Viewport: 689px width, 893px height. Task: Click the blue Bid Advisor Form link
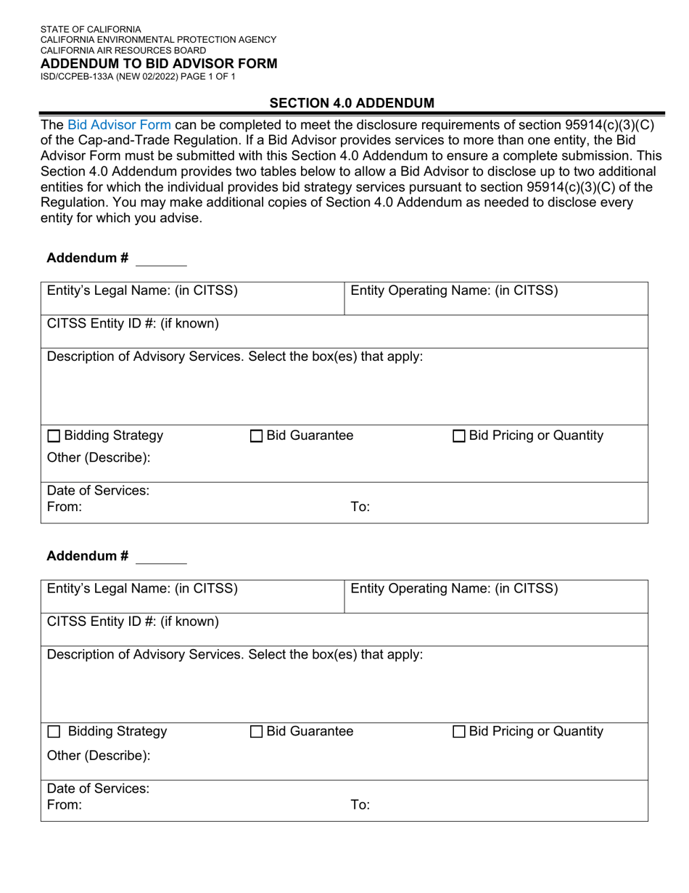click(119, 125)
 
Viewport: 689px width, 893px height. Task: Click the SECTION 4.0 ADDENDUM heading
click(352, 103)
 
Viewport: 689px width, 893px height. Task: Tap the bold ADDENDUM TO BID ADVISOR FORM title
click(159, 64)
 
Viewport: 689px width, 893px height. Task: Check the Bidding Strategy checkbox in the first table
click(54, 436)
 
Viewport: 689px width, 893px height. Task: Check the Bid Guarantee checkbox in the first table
click(256, 436)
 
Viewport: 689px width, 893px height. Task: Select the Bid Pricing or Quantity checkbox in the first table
click(459, 436)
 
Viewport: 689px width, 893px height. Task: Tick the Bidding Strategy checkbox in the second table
click(54, 732)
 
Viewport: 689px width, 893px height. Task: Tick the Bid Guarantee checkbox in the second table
click(256, 732)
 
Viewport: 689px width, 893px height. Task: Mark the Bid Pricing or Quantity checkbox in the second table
click(459, 732)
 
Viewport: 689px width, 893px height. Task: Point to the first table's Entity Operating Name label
click(454, 291)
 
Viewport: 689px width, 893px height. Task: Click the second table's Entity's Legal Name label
click(142, 589)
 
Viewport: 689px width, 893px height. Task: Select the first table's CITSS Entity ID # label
click(133, 324)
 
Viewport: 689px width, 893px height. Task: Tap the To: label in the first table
click(360, 507)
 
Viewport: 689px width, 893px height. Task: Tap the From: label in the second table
click(65, 804)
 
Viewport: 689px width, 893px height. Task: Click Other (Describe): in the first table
click(99, 458)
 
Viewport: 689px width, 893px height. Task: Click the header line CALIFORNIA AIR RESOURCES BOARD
click(123, 51)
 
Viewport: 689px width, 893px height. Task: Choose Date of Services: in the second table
click(98, 788)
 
